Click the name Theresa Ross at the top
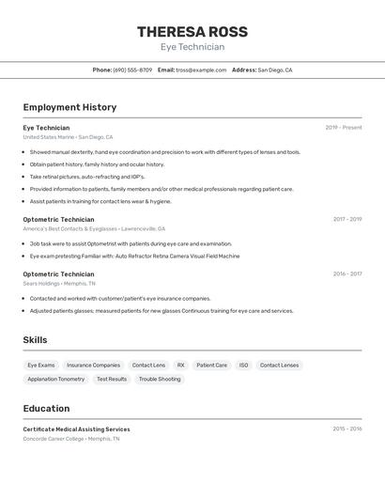coord(192,31)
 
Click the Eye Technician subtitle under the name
coord(192,47)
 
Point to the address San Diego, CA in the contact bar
coord(275,70)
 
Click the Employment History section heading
coord(69,107)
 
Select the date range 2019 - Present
coord(343,128)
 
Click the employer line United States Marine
coord(68,137)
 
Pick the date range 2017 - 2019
coord(346,219)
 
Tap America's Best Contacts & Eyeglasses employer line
coord(94,228)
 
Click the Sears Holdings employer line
coord(59,283)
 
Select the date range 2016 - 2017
coord(346,273)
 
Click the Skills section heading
coord(35,340)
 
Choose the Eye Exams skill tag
coord(41,365)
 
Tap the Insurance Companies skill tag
coord(93,365)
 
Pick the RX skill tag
coord(181,365)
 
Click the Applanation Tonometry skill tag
coord(56,379)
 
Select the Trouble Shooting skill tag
coord(160,379)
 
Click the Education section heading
coord(46,409)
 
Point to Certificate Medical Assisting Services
coord(77,429)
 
